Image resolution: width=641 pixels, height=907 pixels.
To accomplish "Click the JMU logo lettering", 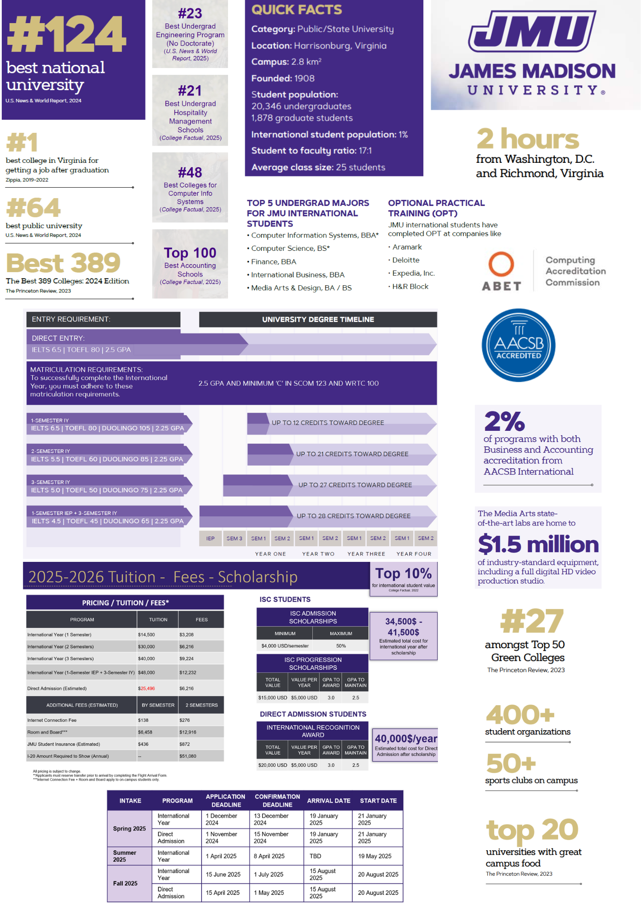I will pos(532,31).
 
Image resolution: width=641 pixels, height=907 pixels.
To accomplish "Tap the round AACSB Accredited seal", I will pos(518,345).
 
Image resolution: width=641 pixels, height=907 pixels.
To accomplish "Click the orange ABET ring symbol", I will pos(501,264).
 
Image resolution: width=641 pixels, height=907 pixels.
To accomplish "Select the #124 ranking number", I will pos(67,34).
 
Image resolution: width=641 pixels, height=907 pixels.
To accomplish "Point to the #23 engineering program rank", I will pos(190,14).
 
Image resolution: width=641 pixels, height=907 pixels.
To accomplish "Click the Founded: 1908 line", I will pos(283,78).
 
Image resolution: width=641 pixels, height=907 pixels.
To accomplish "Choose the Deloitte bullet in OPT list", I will pos(406,260).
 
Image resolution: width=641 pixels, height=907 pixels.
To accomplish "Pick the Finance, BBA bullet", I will pos(273,262).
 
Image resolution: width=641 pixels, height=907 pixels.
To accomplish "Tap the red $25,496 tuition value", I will pos(146,688).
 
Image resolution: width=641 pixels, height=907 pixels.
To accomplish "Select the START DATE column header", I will pos(378,801).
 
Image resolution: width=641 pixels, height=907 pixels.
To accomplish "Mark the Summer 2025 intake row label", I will pos(125,856).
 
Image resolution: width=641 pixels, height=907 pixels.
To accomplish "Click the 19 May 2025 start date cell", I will pos(374,856).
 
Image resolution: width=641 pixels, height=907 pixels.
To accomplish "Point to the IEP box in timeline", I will pos(210,538).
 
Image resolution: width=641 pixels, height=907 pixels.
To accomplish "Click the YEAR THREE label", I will pos(366,554).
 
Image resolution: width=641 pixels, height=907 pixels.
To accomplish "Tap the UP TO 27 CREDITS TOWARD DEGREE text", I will pos(355,485).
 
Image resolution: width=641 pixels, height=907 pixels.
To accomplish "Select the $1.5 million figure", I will pos(538,544).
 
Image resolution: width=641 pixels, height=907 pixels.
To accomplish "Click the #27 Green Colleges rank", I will pos(532,621).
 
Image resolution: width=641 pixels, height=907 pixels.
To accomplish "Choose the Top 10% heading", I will pos(403,574).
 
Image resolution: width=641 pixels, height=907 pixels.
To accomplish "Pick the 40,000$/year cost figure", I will pos(406,738).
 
